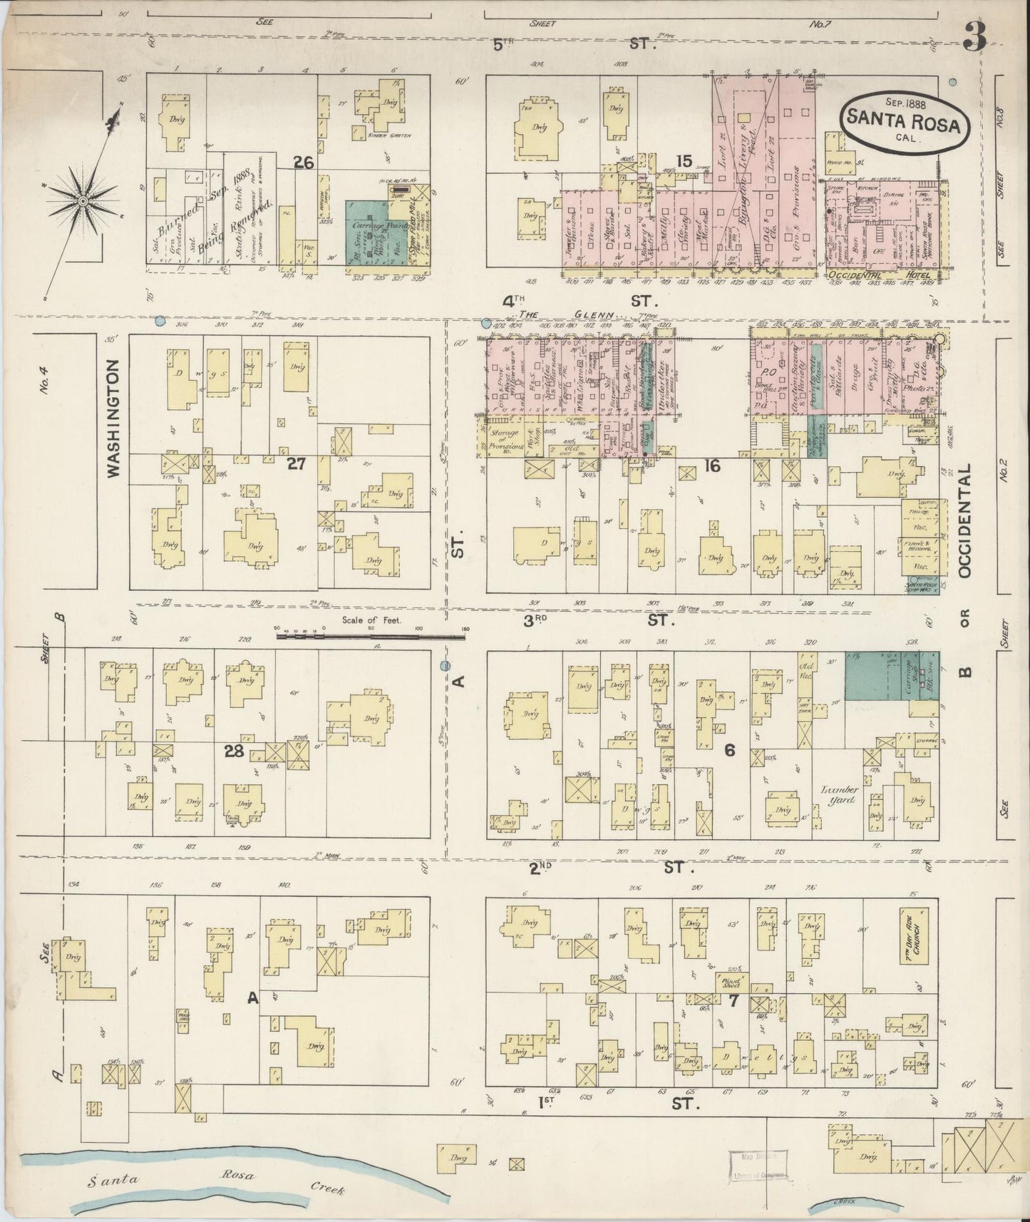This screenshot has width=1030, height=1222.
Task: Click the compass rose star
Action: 83,202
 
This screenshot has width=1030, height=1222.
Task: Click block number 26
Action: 304,163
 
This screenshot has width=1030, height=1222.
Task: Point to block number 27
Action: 296,463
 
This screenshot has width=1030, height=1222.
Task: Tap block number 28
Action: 234,751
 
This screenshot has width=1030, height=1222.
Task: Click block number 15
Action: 684,161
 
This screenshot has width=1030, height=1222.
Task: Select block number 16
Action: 711,466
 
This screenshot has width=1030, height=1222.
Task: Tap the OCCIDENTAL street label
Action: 966,522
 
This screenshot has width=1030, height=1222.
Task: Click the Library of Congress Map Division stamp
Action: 758,1169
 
